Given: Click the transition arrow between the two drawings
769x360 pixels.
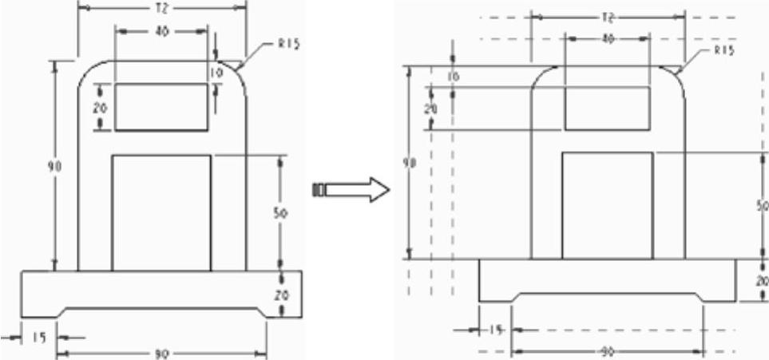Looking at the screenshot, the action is click(x=352, y=190).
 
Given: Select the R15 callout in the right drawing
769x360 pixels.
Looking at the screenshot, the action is click(x=723, y=50).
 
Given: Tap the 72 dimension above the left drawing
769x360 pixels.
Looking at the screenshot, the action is click(x=163, y=6).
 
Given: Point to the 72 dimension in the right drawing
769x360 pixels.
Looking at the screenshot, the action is click(x=608, y=16).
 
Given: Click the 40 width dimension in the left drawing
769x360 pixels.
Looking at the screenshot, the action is click(x=161, y=31).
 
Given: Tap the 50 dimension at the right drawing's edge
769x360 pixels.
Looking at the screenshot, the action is click(x=763, y=205).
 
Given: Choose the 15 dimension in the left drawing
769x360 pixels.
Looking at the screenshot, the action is click(x=38, y=338).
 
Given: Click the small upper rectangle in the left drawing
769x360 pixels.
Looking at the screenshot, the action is click(x=161, y=106).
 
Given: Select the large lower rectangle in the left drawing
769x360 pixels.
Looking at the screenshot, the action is click(x=161, y=213).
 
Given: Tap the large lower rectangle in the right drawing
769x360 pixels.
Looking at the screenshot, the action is click(x=608, y=205).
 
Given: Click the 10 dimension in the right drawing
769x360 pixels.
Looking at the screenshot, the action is click(x=454, y=77).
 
